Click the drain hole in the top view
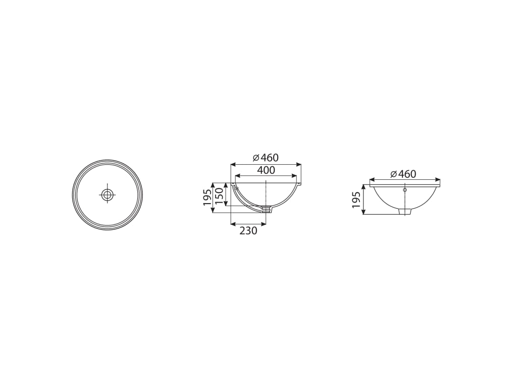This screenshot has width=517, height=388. coord(107,195)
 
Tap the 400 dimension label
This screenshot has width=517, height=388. coord(266,170)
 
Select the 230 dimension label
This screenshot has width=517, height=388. coord(248,230)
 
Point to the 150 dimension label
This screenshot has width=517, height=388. coord(219,195)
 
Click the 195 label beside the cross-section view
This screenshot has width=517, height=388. coord(207,198)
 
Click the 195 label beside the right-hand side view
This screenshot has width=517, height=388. coord(356,200)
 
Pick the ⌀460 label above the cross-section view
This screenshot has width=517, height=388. coord(266,158)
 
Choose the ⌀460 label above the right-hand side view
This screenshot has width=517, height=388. coord(403,174)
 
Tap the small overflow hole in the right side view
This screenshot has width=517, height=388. coord(404,190)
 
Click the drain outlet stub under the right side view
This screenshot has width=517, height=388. coord(405,211)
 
